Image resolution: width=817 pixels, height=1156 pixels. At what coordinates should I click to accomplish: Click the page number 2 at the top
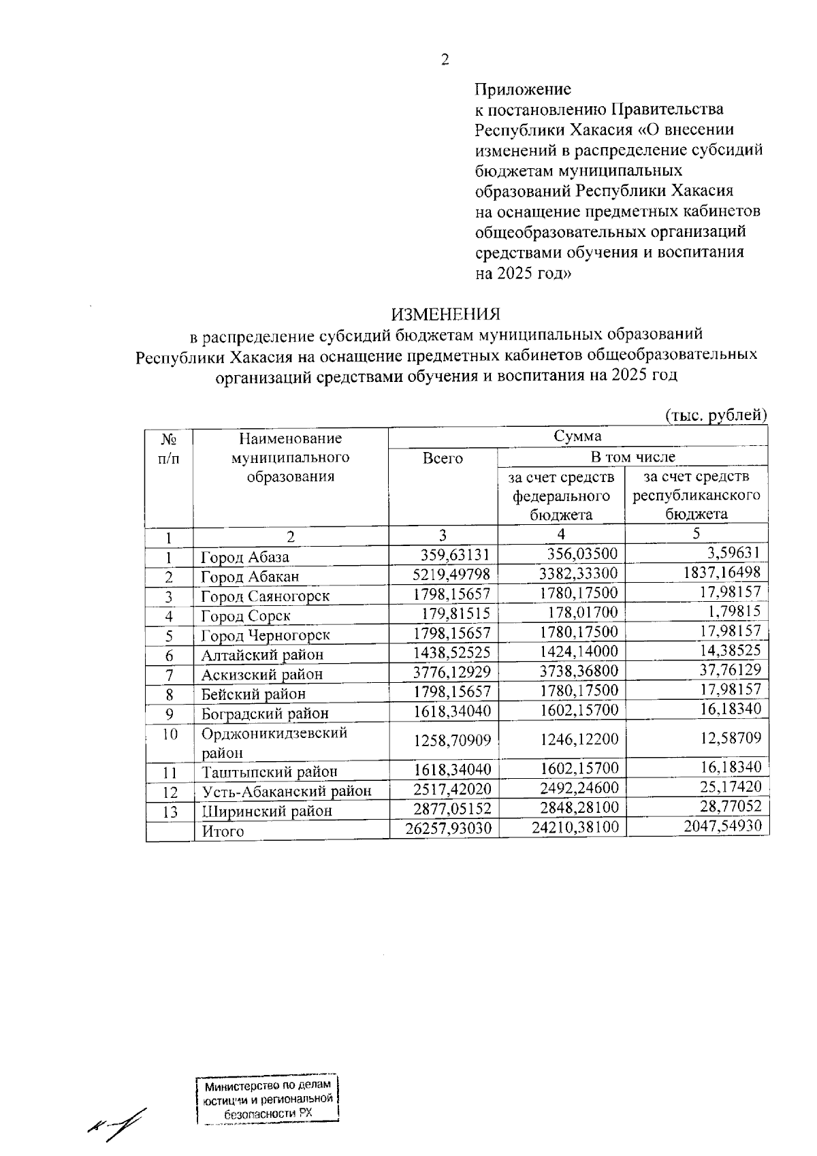point(445,61)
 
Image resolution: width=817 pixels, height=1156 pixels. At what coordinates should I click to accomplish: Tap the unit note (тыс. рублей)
point(716,415)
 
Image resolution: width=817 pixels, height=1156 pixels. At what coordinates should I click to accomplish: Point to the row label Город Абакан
point(250,577)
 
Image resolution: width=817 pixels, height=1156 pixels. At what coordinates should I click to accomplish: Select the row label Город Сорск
point(246,616)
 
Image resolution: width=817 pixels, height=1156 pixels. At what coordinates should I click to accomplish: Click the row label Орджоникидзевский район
point(274,743)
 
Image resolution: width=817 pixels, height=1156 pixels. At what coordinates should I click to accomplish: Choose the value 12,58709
point(730,739)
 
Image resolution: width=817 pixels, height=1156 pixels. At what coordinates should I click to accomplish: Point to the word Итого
point(223,831)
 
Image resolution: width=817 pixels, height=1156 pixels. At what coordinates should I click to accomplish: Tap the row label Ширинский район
point(267,812)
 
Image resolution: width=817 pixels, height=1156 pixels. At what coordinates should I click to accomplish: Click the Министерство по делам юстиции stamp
point(268,1099)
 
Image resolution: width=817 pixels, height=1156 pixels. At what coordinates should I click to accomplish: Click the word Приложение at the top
point(522,89)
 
